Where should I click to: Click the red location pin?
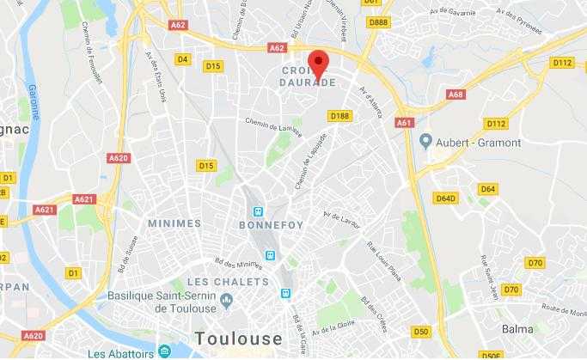(319, 64)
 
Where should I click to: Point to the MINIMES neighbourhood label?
(174, 223)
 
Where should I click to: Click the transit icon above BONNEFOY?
(256, 211)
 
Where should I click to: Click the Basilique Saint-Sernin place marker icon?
(226, 298)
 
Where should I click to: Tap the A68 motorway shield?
(456, 95)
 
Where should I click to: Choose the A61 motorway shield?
(404, 123)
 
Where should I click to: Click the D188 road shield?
(339, 116)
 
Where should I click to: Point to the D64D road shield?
(445, 198)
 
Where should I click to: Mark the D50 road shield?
(420, 331)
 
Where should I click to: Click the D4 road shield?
(182, 59)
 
